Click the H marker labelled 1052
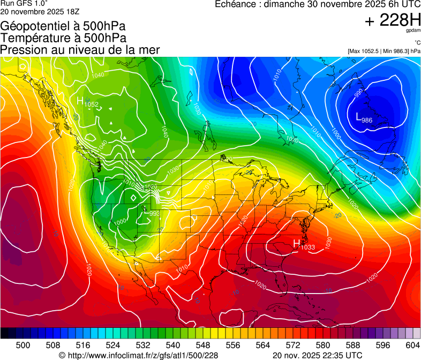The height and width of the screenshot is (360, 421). pyautogui.click(x=80, y=100)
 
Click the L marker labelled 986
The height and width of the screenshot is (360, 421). pyautogui.click(x=359, y=116)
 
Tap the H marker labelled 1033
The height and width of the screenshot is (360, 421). pyautogui.click(x=296, y=243)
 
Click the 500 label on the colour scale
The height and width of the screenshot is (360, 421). pyautogui.click(x=23, y=345)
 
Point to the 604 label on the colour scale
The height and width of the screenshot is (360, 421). pyautogui.click(x=412, y=345)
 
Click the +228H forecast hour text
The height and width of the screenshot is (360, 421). pyautogui.click(x=392, y=20)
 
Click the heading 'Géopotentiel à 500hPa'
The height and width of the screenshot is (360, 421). pyautogui.click(x=63, y=26)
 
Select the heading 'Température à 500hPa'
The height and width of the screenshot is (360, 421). pyautogui.click(x=63, y=38)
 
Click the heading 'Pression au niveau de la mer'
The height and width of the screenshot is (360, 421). pyautogui.click(x=80, y=50)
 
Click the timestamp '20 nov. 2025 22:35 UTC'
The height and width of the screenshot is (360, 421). pyautogui.click(x=317, y=355)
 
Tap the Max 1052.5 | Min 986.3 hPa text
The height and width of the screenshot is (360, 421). pyautogui.click(x=384, y=51)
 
